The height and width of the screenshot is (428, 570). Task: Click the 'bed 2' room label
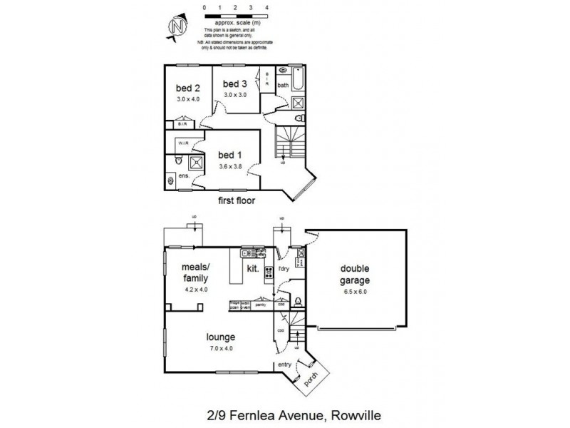tap(187, 88)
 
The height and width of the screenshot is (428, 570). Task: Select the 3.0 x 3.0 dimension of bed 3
tap(234, 94)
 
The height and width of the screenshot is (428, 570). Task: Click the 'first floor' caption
tap(237, 201)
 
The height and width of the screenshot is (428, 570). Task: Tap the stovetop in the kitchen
tap(269, 271)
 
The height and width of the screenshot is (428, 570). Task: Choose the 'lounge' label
tap(222, 337)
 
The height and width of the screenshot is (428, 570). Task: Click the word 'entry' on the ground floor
tap(285, 364)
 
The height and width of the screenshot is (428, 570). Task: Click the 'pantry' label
tap(261, 303)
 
